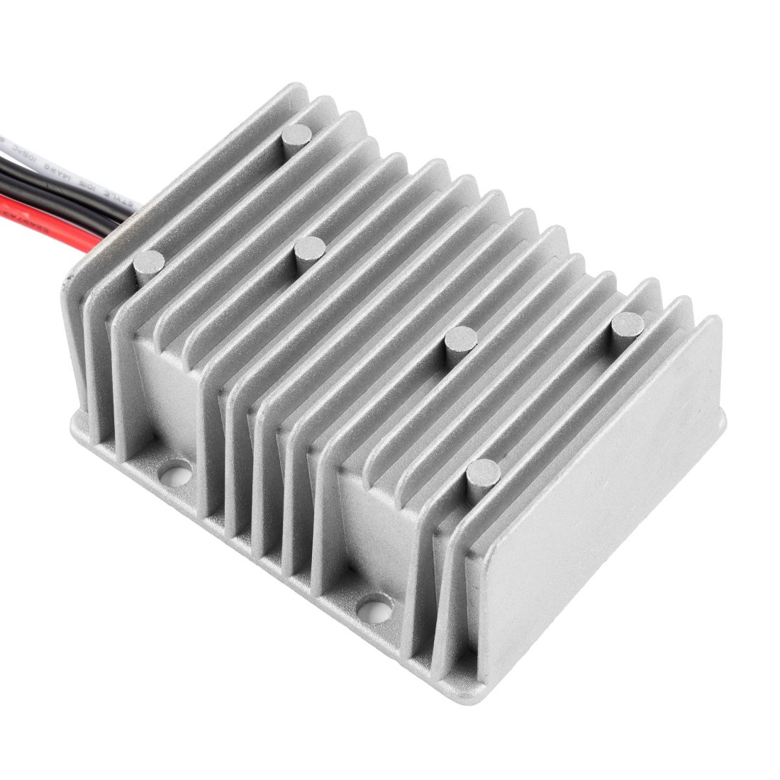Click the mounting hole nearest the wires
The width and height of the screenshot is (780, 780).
[x=176, y=469]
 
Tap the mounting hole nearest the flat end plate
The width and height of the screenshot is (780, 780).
[x=375, y=606]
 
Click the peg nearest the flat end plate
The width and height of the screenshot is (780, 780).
[x=628, y=324]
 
